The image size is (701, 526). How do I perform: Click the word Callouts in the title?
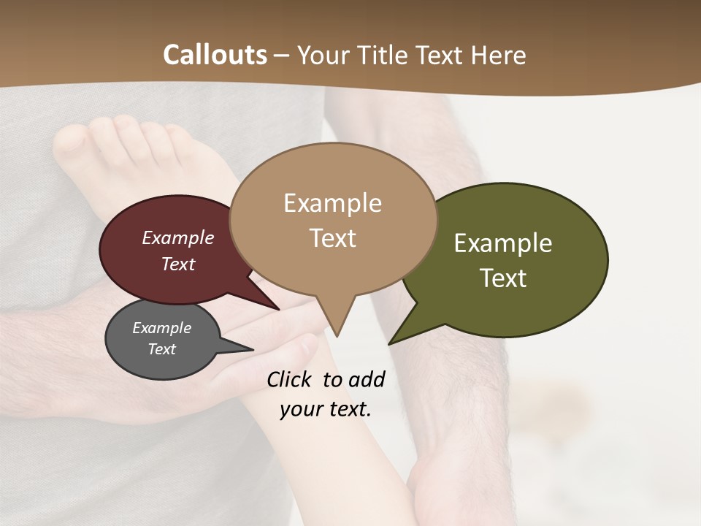click(x=215, y=55)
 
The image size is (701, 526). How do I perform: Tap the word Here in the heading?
click(x=499, y=55)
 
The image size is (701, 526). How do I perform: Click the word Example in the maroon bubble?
click(x=178, y=237)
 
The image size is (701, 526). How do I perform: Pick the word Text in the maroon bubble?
click(x=178, y=264)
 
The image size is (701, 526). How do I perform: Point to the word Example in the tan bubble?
click(x=332, y=203)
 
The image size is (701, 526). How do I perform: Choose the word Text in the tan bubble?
click(x=333, y=238)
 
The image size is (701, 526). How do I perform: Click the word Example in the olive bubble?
click(x=503, y=243)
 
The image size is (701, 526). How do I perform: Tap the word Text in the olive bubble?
click(x=504, y=278)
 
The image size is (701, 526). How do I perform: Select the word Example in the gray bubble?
click(x=162, y=328)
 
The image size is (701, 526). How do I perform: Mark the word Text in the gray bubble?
click(x=162, y=349)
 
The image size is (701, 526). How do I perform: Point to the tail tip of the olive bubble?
click(x=391, y=342)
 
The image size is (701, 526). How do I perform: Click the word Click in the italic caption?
click(x=289, y=379)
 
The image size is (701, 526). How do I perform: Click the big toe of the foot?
click(x=70, y=139)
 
